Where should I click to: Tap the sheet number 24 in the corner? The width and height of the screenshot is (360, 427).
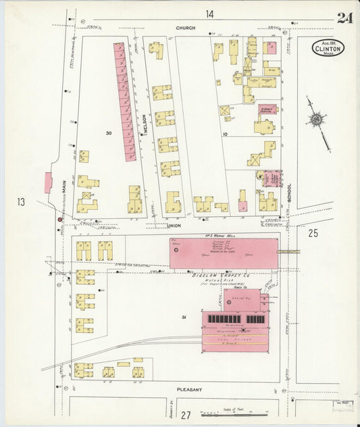[x=344, y=18]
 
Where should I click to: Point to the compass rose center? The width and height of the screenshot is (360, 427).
[x=315, y=120]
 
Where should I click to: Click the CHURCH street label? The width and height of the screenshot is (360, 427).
[x=185, y=28]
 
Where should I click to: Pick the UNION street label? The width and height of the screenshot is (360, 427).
[x=175, y=226]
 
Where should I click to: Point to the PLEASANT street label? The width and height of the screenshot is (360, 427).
[x=190, y=390]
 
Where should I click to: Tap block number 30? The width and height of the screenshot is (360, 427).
[x=108, y=133]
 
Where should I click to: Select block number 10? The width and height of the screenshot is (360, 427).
[x=226, y=134]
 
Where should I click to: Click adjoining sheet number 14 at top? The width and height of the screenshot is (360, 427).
[x=210, y=14]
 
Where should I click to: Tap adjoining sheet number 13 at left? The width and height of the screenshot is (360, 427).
[x=20, y=201]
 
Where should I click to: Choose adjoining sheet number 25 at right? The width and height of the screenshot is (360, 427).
[x=313, y=233]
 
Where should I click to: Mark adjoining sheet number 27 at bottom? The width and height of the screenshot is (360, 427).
[x=185, y=414]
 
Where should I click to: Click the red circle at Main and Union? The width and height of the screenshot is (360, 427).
[x=59, y=219]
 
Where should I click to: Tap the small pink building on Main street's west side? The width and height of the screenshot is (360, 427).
[x=48, y=182]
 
